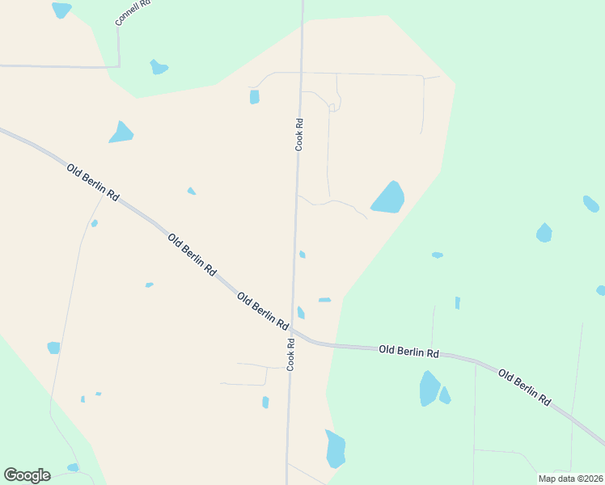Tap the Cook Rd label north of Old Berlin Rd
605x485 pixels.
[x=299, y=135]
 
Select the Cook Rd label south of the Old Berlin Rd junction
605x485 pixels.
[x=290, y=353]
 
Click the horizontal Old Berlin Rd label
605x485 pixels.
[x=408, y=352]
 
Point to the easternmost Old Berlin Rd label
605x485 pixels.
[x=524, y=386]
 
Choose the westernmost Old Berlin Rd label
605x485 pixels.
[x=93, y=183]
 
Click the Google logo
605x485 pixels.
[x=27, y=475]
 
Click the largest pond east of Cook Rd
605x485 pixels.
[x=388, y=197]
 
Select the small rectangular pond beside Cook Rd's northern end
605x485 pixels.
[x=255, y=97]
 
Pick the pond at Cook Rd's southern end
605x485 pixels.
[x=336, y=449]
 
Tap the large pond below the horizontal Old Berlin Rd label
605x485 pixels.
[x=429, y=388]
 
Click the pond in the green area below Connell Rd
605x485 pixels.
[x=159, y=67]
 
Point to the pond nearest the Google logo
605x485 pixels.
[x=73, y=467]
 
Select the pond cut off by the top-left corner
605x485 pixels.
[x=61, y=10]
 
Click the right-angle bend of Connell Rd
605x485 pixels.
[x=119, y=66]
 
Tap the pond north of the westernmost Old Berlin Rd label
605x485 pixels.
[x=121, y=133]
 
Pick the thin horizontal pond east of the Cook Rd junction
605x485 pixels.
[x=324, y=300]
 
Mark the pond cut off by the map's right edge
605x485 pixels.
[x=601, y=290]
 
